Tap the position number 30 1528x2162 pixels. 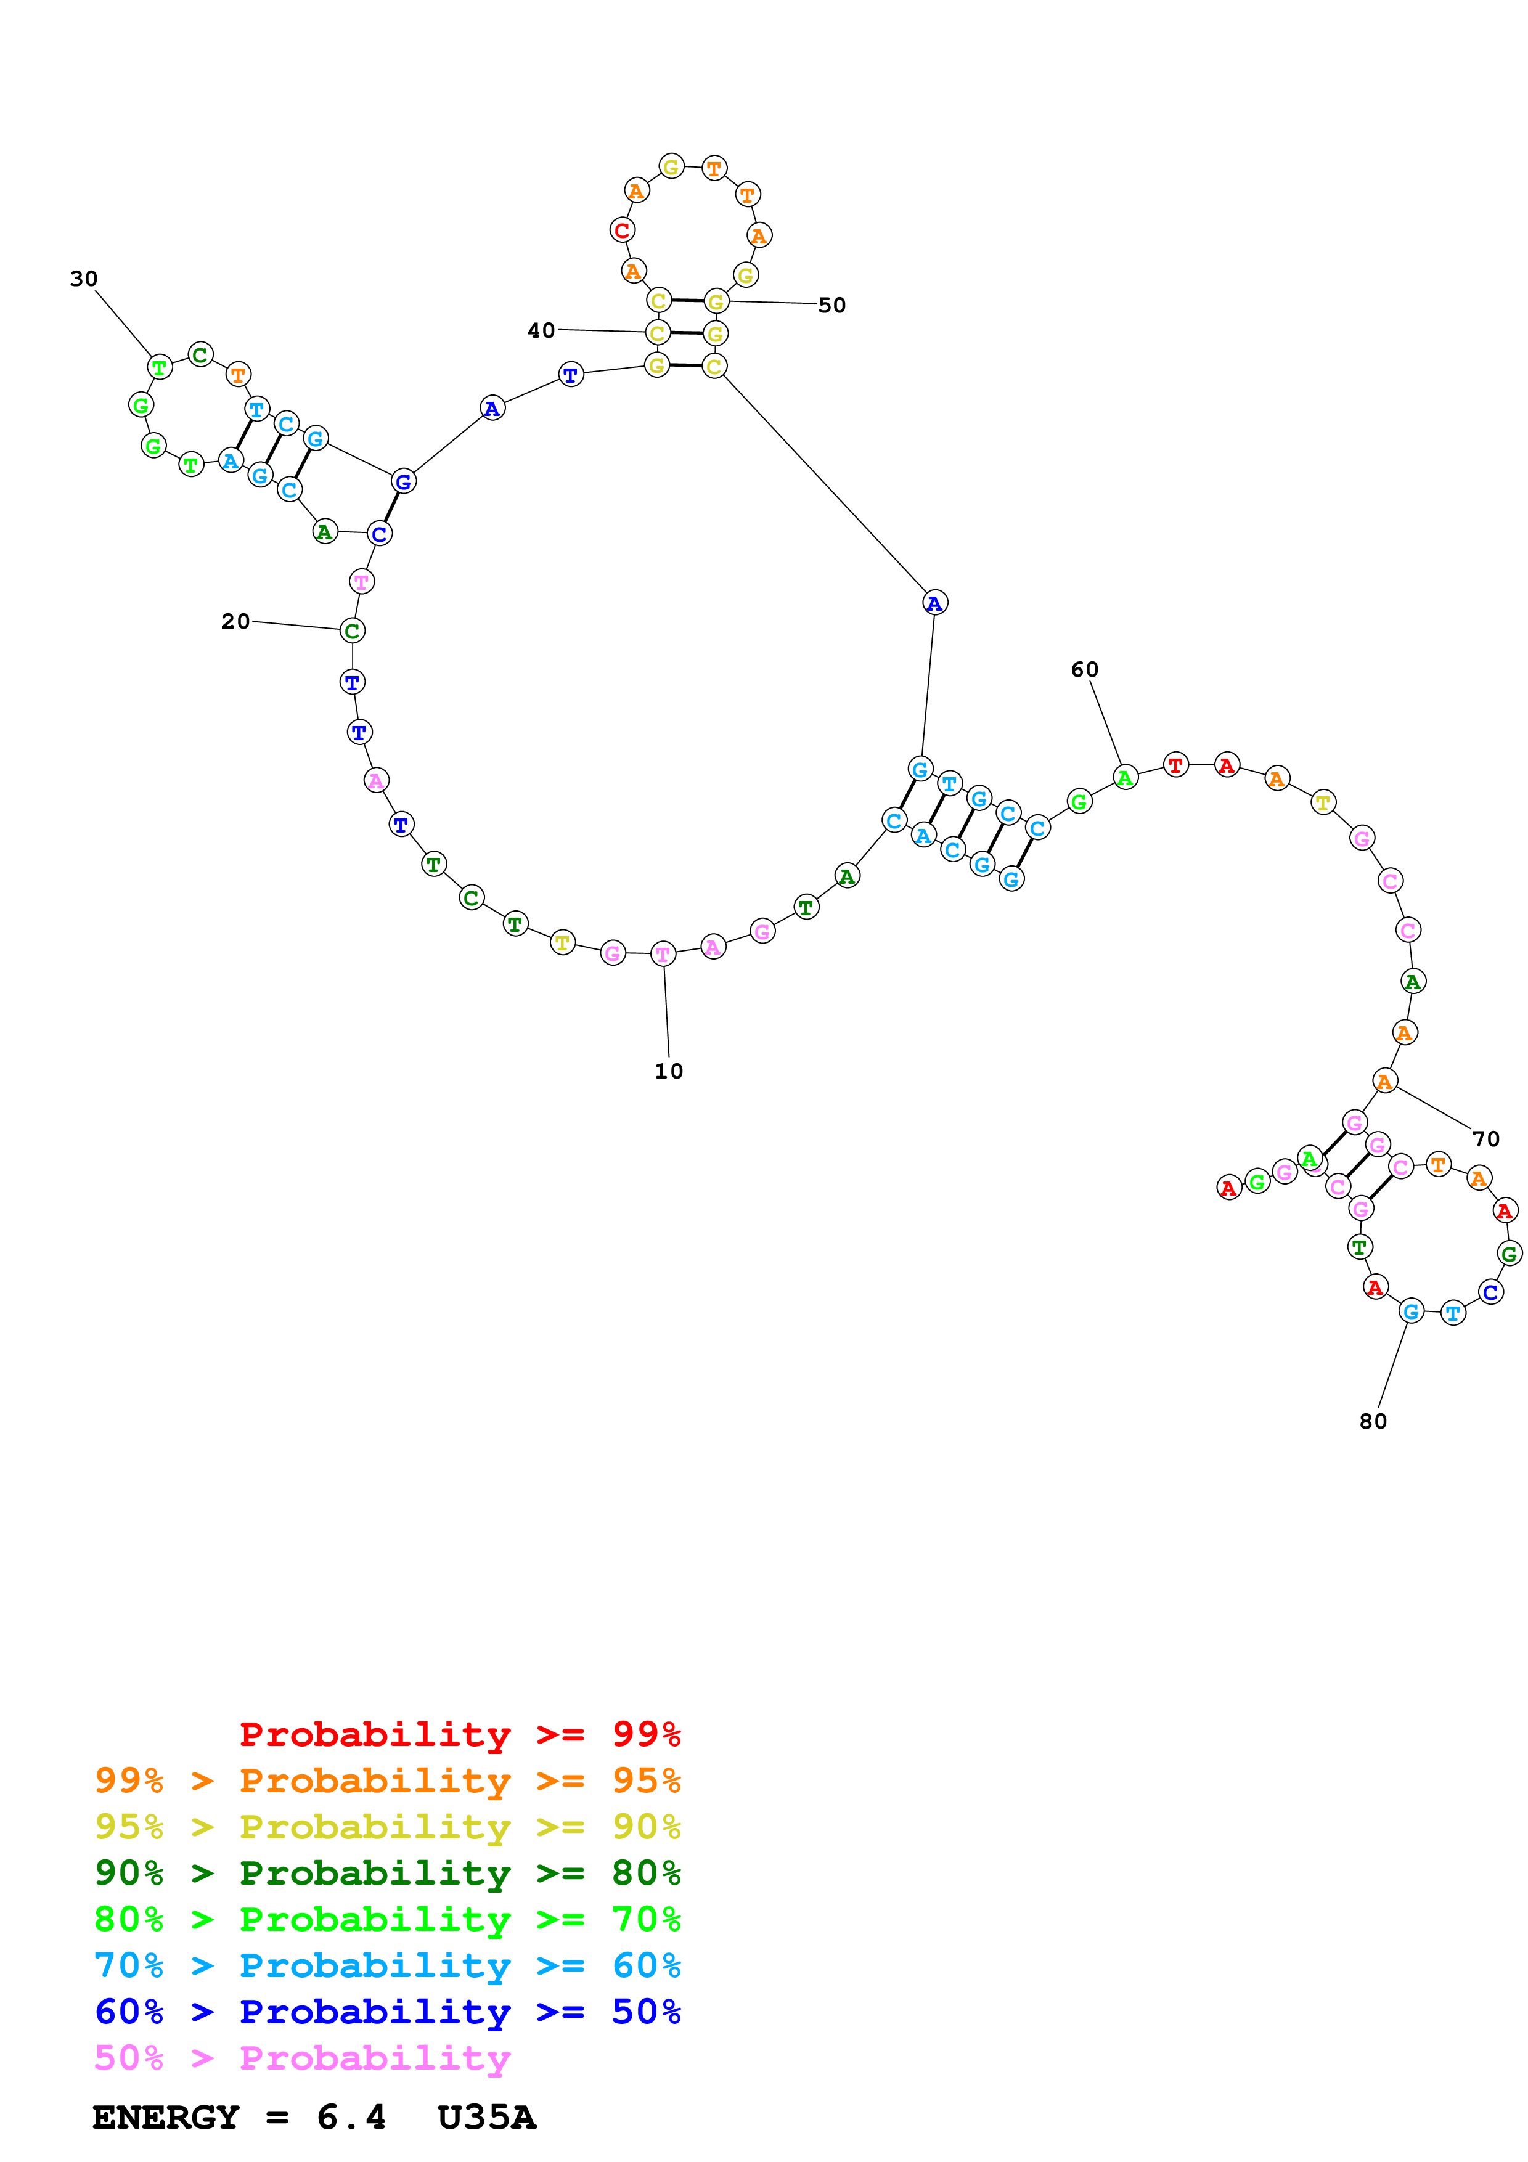coord(84,279)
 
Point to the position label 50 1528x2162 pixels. coord(831,305)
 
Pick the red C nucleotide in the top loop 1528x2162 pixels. coord(621,230)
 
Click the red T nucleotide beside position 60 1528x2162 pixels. coord(1175,765)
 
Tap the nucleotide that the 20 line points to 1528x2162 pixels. coord(352,631)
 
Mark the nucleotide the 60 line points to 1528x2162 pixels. coord(1124,778)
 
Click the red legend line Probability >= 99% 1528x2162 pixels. coord(459,1734)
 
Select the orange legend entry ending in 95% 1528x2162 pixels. coord(387,1780)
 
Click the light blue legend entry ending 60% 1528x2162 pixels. coord(387,1965)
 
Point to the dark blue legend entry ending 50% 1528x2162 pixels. coord(387,2012)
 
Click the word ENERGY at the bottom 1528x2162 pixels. coord(166,2117)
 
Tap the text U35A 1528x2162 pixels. coord(487,2117)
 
